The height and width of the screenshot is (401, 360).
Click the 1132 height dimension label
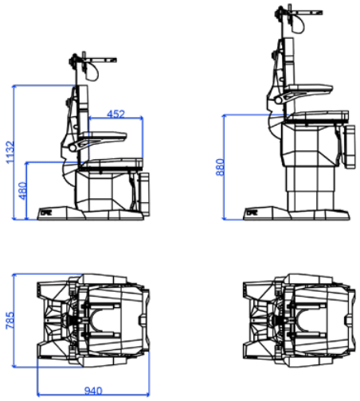click(x=10, y=152)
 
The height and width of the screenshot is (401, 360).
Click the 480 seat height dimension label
click(x=22, y=191)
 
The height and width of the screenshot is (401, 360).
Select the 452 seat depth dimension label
click(x=115, y=114)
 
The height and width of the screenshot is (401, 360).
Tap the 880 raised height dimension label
click(x=220, y=167)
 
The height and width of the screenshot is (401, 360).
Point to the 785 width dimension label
click(x=10, y=321)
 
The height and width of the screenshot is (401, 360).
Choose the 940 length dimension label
click(x=93, y=391)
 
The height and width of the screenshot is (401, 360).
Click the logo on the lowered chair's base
click(x=46, y=212)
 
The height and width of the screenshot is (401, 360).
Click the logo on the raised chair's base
click(x=252, y=212)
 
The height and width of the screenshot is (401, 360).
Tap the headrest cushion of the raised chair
click(x=298, y=24)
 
